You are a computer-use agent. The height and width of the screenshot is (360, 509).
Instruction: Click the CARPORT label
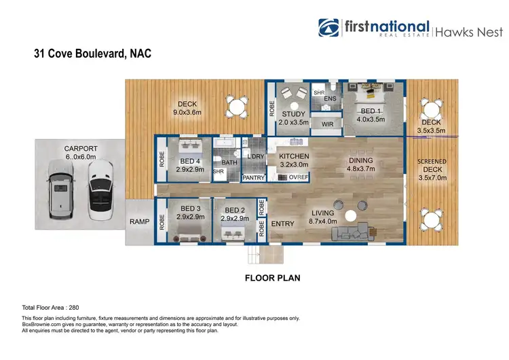(80, 149)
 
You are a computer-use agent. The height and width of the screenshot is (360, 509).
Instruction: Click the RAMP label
(139, 221)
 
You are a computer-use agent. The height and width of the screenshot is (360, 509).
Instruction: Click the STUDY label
(294, 114)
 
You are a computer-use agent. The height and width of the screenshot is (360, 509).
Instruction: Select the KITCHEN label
(294, 156)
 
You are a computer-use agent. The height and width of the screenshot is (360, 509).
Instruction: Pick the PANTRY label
(253, 177)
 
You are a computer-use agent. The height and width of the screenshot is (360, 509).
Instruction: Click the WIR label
(327, 124)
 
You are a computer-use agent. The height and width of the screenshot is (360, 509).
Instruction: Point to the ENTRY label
(282, 223)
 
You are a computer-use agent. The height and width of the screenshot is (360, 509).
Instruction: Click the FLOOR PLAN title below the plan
(273, 278)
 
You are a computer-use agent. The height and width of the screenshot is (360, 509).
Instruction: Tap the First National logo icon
(331, 27)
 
